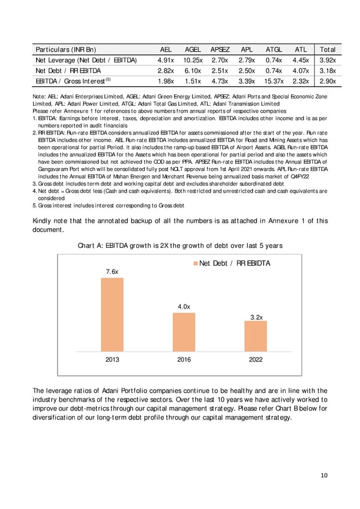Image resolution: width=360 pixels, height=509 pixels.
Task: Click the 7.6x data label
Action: tap(112, 272)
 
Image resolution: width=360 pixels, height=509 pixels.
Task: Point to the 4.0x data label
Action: tap(184, 307)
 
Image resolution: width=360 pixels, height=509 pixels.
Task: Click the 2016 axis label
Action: tap(184, 360)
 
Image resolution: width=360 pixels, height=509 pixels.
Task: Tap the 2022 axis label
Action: tap(256, 360)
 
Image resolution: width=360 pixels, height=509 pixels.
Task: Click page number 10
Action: tap(324, 475)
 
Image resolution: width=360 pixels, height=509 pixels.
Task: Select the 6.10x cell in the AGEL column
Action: tap(193, 70)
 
